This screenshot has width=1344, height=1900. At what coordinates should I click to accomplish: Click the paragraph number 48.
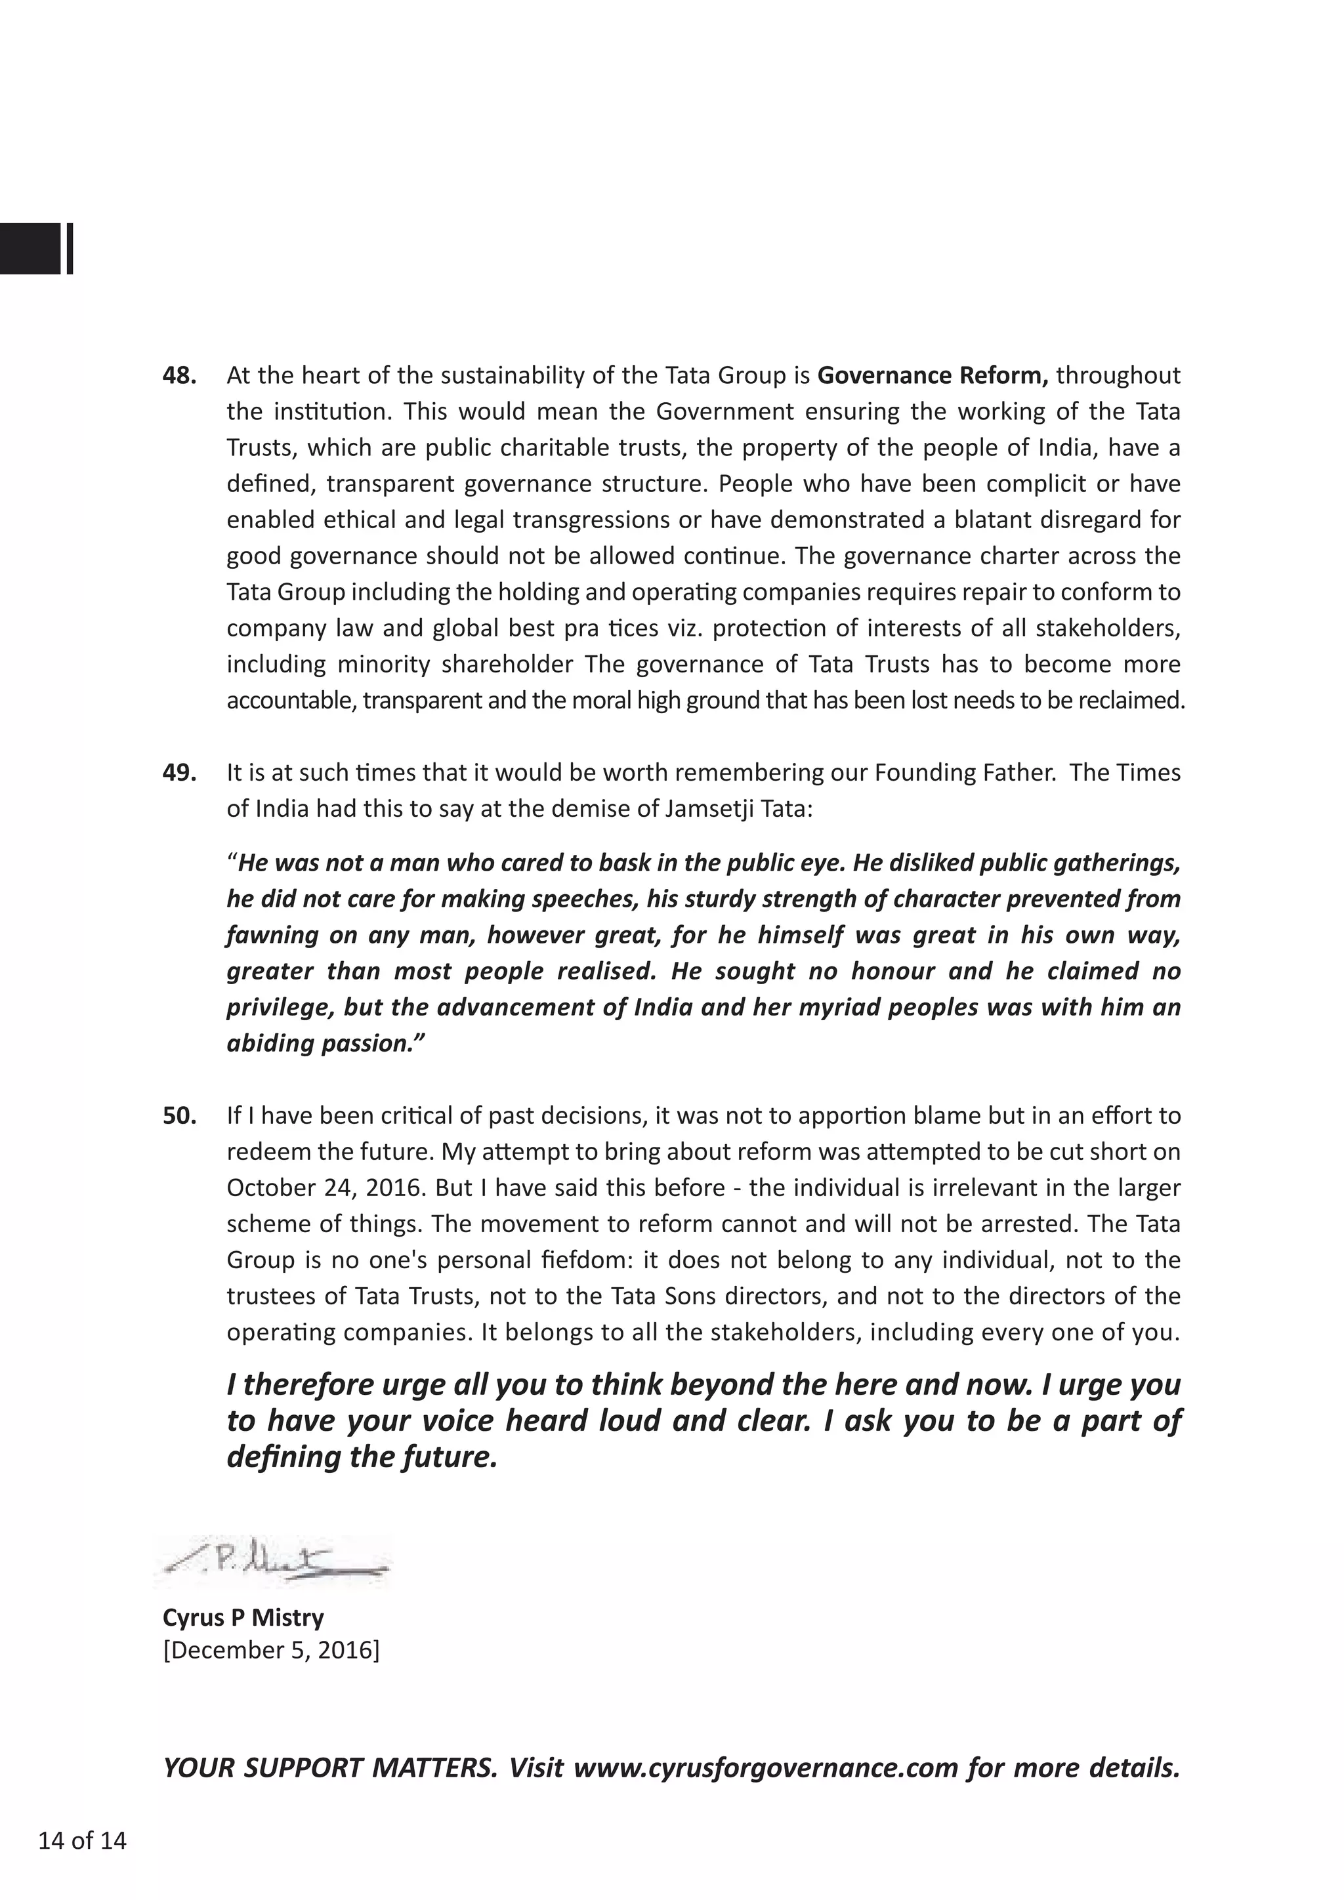point(180,376)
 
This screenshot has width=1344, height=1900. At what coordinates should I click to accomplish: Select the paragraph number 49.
point(180,773)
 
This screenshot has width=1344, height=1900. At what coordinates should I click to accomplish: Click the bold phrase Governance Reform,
point(933,376)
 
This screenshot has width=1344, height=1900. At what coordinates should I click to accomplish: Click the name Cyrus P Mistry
point(243,1617)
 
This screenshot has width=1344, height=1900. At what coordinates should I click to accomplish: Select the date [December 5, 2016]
point(272,1650)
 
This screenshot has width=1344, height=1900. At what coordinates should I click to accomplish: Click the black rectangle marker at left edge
point(31,248)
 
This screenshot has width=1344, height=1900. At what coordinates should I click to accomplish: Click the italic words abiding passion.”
point(325,1044)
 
